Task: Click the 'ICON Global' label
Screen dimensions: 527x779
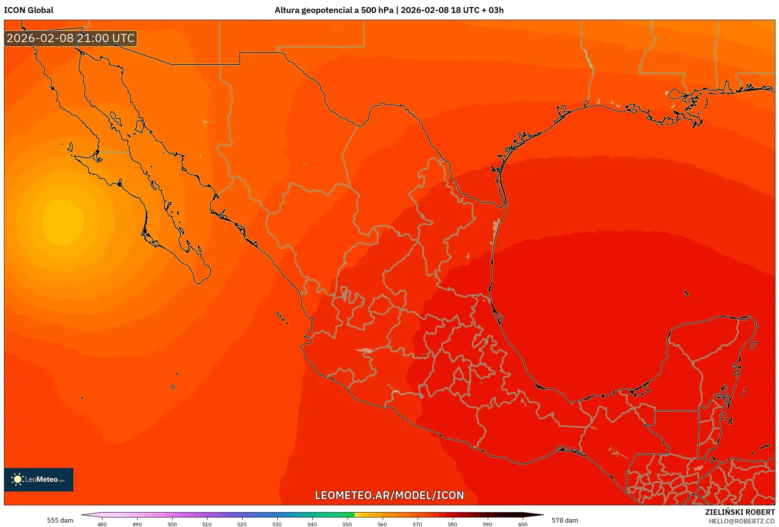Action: [x=28, y=10]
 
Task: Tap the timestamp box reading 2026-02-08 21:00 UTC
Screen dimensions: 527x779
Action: [x=71, y=38]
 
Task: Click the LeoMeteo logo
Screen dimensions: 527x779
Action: [x=39, y=479]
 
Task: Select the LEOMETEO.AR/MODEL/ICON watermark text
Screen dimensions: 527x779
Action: [x=389, y=495]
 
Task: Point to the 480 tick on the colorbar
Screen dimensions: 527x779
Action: [x=102, y=524]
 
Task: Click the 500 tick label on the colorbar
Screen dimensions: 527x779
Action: [x=172, y=524]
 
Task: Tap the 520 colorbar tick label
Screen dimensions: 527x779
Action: [x=242, y=524]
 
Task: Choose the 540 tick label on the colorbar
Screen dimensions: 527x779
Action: [x=312, y=524]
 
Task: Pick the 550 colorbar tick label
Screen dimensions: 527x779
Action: [x=347, y=524]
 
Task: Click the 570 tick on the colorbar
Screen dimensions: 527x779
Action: [x=417, y=524]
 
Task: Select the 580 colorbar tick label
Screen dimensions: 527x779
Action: [x=452, y=524]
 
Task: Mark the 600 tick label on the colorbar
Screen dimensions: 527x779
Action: [x=522, y=524]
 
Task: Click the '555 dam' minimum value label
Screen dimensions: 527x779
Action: [x=60, y=520]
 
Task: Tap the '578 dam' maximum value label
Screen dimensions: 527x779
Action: [x=565, y=520]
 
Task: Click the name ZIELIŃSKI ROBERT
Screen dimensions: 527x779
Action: [x=740, y=512]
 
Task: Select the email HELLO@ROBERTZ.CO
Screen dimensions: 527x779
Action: [x=742, y=521]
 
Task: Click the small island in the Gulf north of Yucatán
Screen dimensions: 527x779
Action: [x=686, y=294]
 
